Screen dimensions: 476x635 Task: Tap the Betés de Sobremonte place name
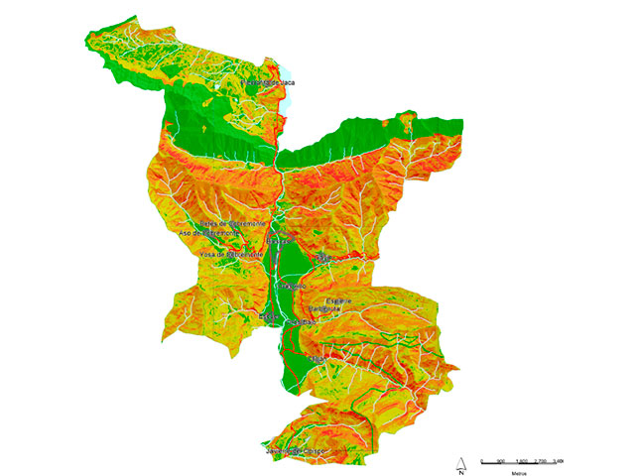pyautogui.click(x=232, y=224)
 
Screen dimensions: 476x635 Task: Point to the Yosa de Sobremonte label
pyautogui.click(x=231, y=254)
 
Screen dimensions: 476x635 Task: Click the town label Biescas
pyautogui.click(x=280, y=241)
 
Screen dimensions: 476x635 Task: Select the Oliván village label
pyautogui.click(x=304, y=322)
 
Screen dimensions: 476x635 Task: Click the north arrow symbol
pyautogui.click(x=461, y=464)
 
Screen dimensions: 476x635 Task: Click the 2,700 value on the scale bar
pyautogui.click(x=542, y=462)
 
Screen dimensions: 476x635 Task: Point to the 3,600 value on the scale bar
pyautogui.click(x=561, y=462)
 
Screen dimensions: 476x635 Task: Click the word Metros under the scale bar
pyautogui.click(x=519, y=473)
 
